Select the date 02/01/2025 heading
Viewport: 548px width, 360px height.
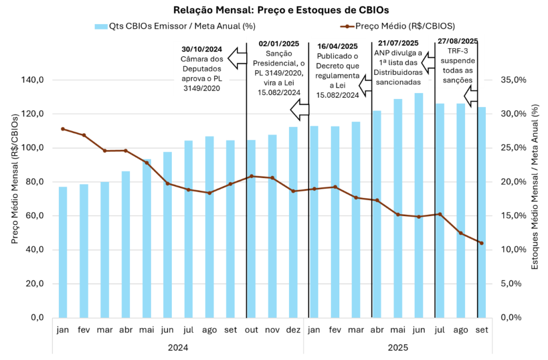click(279, 43)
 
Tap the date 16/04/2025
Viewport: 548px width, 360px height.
click(337, 46)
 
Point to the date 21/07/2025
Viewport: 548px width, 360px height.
click(398, 43)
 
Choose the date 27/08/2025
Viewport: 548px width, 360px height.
click(458, 41)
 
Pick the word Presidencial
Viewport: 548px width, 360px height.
click(273, 64)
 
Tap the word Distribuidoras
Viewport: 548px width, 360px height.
click(399, 72)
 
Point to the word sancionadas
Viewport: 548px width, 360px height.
click(399, 82)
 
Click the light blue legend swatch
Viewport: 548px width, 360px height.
click(101, 27)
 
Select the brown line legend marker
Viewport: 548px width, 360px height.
click(347, 26)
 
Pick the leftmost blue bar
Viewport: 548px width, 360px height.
click(63, 251)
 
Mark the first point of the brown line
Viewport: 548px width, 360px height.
click(63, 129)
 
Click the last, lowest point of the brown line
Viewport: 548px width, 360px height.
click(482, 243)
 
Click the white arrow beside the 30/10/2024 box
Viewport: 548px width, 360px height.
click(237, 57)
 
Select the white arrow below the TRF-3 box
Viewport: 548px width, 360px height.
click(471, 96)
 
